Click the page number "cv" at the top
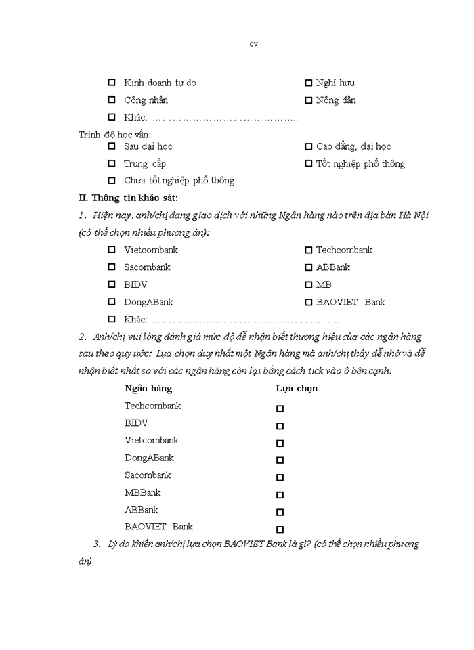click(253, 45)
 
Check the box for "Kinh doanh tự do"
click(112, 83)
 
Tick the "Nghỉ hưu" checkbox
click(308, 83)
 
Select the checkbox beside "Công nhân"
click(112, 100)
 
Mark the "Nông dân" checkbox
click(308, 100)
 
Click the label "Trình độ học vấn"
click(114, 135)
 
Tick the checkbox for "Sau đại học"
click(112, 146)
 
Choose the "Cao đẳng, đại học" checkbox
click(308, 146)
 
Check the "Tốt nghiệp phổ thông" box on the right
click(308, 164)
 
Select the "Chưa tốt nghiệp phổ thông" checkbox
click(112, 181)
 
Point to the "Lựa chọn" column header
click(296, 389)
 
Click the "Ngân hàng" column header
click(148, 389)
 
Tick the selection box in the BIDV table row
click(280, 426)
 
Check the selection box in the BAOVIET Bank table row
click(280, 529)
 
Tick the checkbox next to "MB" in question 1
click(308, 285)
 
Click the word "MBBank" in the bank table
click(142, 492)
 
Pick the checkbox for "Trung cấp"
click(112, 164)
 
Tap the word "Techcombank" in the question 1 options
click(344, 250)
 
